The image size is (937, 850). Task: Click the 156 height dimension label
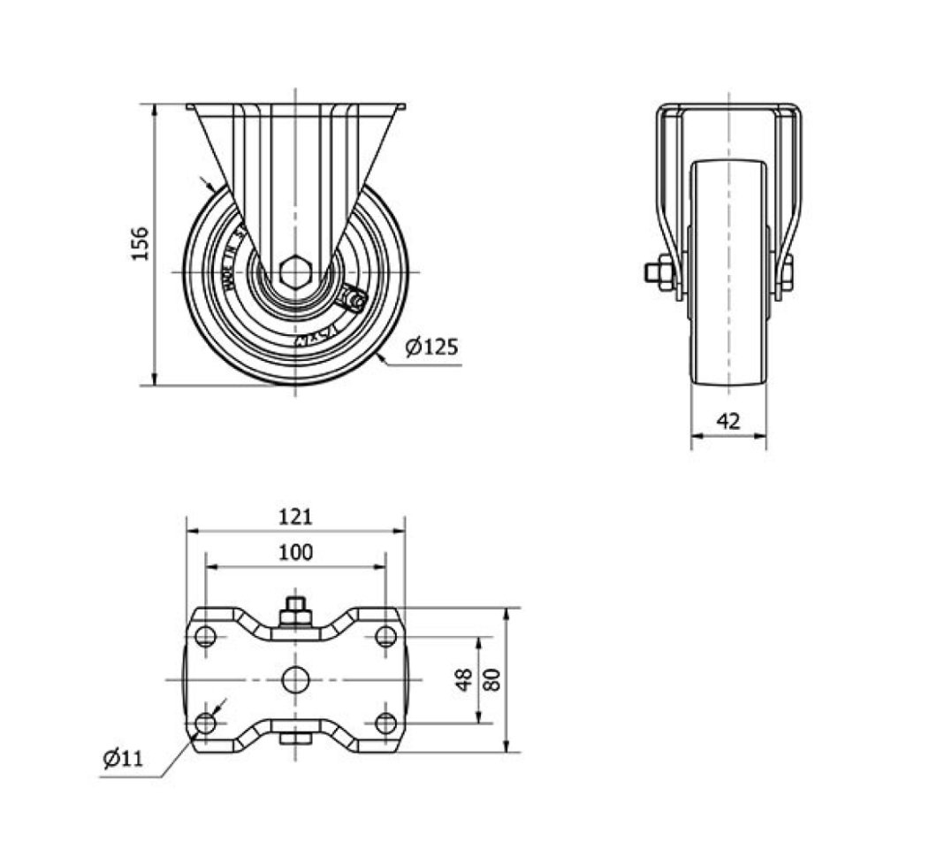click(x=141, y=244)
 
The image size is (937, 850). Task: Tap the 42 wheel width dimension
click(x=728, y=421)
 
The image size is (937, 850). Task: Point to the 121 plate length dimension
click(x=295, y=516)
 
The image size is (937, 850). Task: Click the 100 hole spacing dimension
click(x=295, y=553)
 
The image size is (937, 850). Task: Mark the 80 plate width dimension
click(x=493, y=679)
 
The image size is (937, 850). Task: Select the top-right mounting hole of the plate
click(x=385, y=636)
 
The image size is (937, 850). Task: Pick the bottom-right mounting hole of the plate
click(x=385, y=723)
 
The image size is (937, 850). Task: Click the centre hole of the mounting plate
click(x=295, y=679)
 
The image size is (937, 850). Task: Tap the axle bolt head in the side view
click(x=655, y=272)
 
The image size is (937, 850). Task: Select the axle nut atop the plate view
click(x=295, y=611)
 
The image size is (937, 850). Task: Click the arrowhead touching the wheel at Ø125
click(x=380, y=356)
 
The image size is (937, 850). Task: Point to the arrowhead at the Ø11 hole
click(x=217, y=710)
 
